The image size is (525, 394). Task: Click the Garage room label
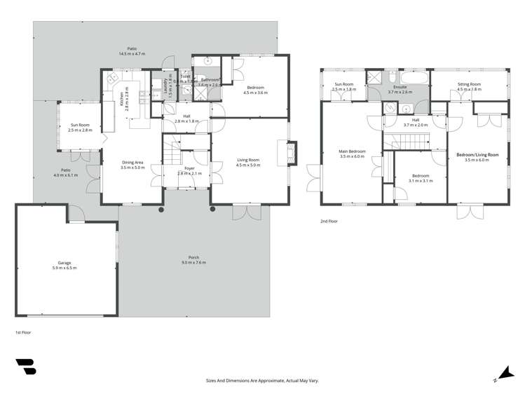point(64,263)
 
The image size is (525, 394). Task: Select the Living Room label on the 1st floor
point(249,161)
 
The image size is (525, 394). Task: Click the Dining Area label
point(132,162)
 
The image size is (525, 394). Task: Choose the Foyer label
point(189,168)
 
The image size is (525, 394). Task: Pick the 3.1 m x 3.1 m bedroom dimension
point(420,180)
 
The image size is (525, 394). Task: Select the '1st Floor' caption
point(24,332)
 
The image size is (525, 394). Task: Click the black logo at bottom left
point(26,367)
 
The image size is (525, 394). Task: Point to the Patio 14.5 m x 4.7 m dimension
point(131,54)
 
